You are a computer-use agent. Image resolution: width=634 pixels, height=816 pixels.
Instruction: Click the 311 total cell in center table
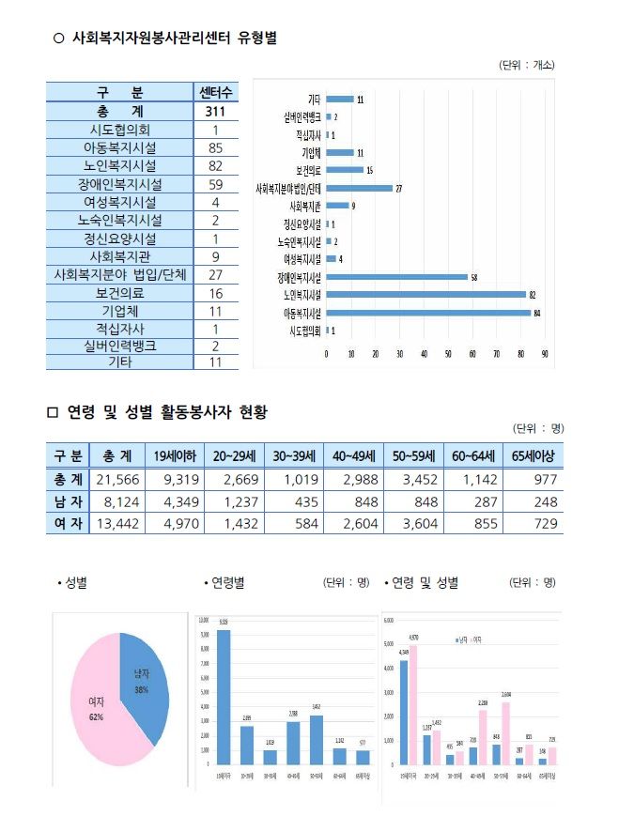click(x=215, y=112)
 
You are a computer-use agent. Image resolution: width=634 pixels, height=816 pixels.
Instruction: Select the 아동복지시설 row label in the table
click(x=119, y=147)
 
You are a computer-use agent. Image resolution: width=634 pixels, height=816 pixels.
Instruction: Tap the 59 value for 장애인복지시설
click(x=215, y=184)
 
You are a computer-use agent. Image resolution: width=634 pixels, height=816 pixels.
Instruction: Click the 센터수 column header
click(x=215, y=93)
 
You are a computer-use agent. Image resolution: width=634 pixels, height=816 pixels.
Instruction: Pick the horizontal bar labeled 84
click(x=427, y=313)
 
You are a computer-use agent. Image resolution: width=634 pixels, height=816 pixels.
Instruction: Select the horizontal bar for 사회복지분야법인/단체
click(x=359, y=188)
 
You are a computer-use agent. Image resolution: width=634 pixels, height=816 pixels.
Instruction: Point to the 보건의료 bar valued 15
click(x=345, y=170)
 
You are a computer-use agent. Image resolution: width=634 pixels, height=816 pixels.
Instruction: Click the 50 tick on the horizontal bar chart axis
click(x=448, y=354)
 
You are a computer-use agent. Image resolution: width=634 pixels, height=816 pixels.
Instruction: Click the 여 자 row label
click(x=67, y=523)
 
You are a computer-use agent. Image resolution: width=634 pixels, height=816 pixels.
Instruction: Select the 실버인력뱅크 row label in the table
click(x=119, y=346)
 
